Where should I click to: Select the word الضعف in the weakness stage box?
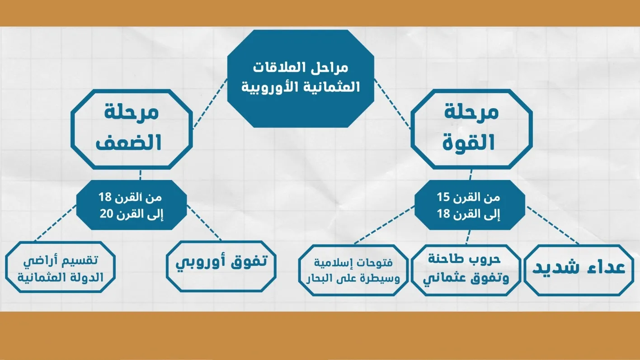[128, 142]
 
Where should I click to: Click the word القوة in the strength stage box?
[469, 142]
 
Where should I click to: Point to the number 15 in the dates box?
[443, 197]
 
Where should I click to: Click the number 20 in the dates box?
[106, 213]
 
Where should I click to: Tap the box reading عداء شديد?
[579, 270]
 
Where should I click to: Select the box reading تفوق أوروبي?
[221, 266]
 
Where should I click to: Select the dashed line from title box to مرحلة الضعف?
[210, 104]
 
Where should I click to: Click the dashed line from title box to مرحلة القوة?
[392, 104]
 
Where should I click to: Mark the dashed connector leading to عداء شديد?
[553, 225]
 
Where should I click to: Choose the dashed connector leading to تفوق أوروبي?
[204, 223]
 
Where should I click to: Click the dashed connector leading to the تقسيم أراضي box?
[56, 223]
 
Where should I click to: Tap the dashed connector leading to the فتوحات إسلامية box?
[384, 225]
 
